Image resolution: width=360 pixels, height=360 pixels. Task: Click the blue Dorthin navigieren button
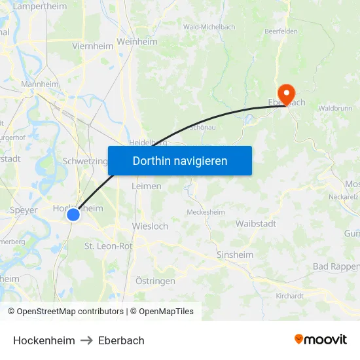click(x=180, y=160)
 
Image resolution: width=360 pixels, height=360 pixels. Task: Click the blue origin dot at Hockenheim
click(x=73, y=214)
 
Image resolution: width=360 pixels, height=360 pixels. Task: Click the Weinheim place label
click(x=137, y=41)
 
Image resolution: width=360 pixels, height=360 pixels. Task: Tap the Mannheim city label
click(x=40, y=84)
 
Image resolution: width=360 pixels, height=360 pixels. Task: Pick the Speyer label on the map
click(x=24, y=210)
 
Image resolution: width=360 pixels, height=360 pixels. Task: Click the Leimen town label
click(x=147, y=186)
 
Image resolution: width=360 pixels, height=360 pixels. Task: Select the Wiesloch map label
click(x=150, y=226)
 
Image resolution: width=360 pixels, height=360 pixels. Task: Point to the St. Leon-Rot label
click(x=108, y=245)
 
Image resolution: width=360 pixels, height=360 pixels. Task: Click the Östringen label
click(x=155, y=281)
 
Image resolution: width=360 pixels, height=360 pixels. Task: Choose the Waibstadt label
click(x=255, y=223)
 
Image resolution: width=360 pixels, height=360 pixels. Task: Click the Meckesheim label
click(x=206, y=212)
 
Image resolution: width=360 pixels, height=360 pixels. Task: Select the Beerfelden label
click(x=281, y=31)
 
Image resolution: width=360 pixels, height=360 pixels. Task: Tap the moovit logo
click(x=320, y=339)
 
